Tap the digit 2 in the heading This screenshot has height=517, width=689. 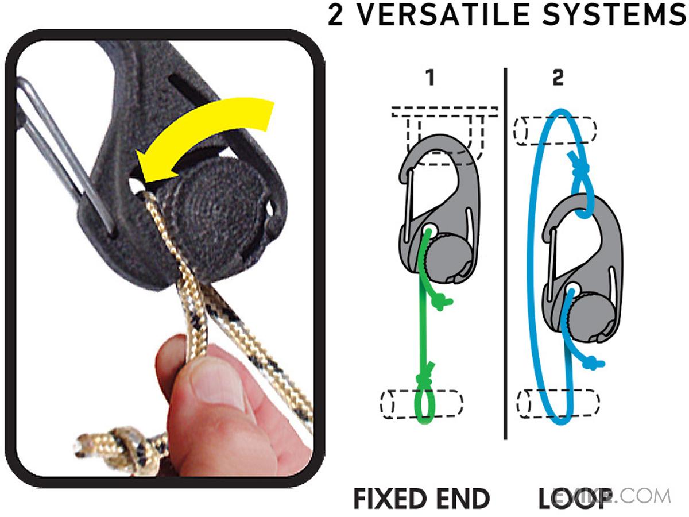335,14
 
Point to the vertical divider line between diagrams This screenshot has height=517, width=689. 505,254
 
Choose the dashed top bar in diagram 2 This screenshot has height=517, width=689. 556,130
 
